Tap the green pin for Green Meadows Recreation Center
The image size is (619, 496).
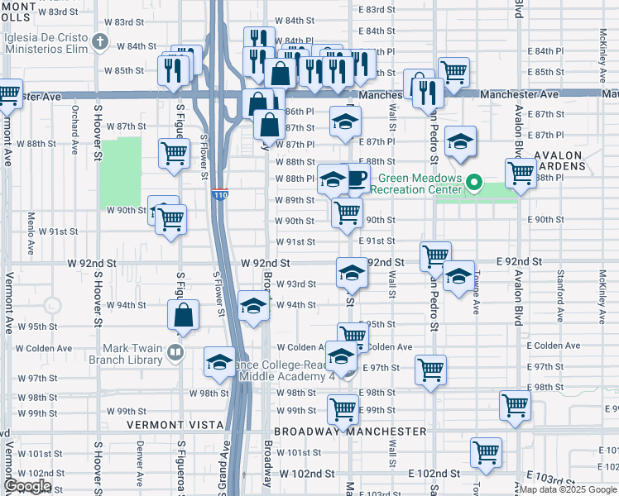click(474, 182)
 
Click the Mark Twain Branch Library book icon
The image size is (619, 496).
click(175, 354)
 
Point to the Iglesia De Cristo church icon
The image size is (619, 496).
click(101, 41)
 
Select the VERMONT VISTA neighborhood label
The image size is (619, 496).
click(175, 425)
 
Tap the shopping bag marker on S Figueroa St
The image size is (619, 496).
click(183, 315)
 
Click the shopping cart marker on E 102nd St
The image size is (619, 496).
click(486, 452)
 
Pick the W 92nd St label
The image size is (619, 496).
click(265, 262)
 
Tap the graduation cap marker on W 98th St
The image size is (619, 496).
click(219, 361)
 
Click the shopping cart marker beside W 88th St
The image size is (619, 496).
click(174, 153)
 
